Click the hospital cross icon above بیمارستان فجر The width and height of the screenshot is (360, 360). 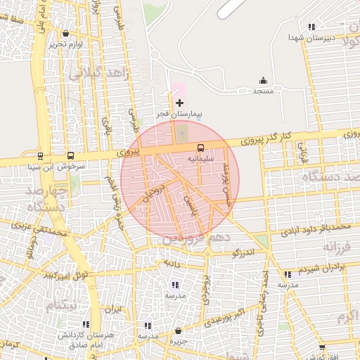(179, 103)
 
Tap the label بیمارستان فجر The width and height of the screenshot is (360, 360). (179, 113)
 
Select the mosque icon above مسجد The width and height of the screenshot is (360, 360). (264, 80)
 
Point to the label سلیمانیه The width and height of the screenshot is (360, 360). (200, 159)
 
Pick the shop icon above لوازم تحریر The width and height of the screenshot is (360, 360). (65, 33)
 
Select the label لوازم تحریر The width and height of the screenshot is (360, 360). (66, 44)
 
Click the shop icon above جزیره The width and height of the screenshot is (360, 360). (178, 330)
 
